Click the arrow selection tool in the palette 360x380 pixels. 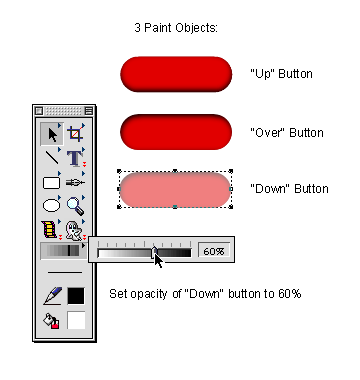[52, 134]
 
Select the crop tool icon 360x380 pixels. [76, 134]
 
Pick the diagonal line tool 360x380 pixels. [52, 157]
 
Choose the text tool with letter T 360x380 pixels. [75, 158]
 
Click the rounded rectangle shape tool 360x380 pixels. [51, 183]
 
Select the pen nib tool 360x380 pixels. [75, 183]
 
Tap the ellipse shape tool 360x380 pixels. [52, 205]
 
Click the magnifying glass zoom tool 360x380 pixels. [75, 206]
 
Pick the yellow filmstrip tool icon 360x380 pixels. [49, 229]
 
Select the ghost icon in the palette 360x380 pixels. [73, 231]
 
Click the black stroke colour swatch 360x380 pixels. [76, 296]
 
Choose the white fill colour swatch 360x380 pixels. [76, 320]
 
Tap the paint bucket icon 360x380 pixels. [51, 321]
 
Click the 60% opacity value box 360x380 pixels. [214, 251]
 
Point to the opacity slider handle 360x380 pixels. [154, 252]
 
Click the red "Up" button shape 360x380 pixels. [176, 74]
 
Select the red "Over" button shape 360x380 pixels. [176, 132]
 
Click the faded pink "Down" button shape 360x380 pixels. [175, 189]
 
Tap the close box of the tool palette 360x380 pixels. [39, 111]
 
